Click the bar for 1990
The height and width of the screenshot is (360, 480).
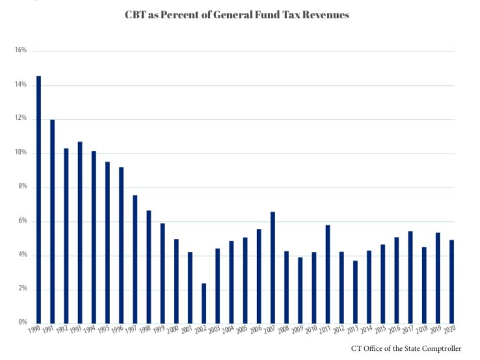(39, 199)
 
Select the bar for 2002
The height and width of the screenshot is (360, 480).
(204, 303)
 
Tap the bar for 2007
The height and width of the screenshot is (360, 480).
(273, 268)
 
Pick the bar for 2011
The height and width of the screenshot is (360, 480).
(328, 274)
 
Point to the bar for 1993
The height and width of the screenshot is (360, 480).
(80, 232)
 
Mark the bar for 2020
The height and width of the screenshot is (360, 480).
(452, 281)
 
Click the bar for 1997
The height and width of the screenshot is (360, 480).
(135, 259)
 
